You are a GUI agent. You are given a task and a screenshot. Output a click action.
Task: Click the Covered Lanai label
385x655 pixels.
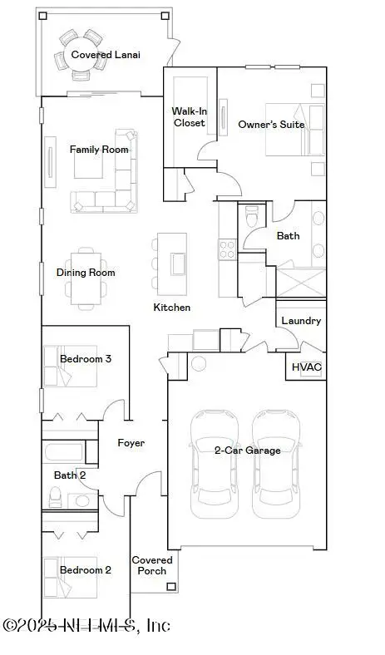[106, 55]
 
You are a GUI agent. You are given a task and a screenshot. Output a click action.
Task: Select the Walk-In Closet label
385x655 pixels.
[188, 116]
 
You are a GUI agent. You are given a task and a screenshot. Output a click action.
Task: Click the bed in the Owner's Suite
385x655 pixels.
[294, 130]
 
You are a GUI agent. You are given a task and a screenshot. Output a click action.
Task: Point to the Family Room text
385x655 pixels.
[99, 150]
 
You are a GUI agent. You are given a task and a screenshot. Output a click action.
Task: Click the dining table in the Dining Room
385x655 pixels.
[86, 277]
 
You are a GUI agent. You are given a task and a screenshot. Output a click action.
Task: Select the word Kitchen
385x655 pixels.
[172, 308]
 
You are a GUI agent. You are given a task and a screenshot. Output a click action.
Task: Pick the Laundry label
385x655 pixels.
[300, 321]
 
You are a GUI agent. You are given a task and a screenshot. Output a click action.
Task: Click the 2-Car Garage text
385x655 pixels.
[247, 451]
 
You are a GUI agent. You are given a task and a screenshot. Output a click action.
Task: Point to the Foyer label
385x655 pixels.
[130, 443]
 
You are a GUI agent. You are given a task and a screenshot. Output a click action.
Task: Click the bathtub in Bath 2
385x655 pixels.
[62, 454]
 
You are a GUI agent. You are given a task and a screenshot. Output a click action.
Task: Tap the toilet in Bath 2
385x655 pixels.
[56, 497]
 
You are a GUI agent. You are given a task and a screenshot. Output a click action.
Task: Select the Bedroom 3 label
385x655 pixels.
[86, 359]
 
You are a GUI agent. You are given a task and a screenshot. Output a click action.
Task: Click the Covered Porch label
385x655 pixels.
[152, 565]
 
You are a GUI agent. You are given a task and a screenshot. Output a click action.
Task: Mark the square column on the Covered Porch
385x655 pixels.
[171, 588]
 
